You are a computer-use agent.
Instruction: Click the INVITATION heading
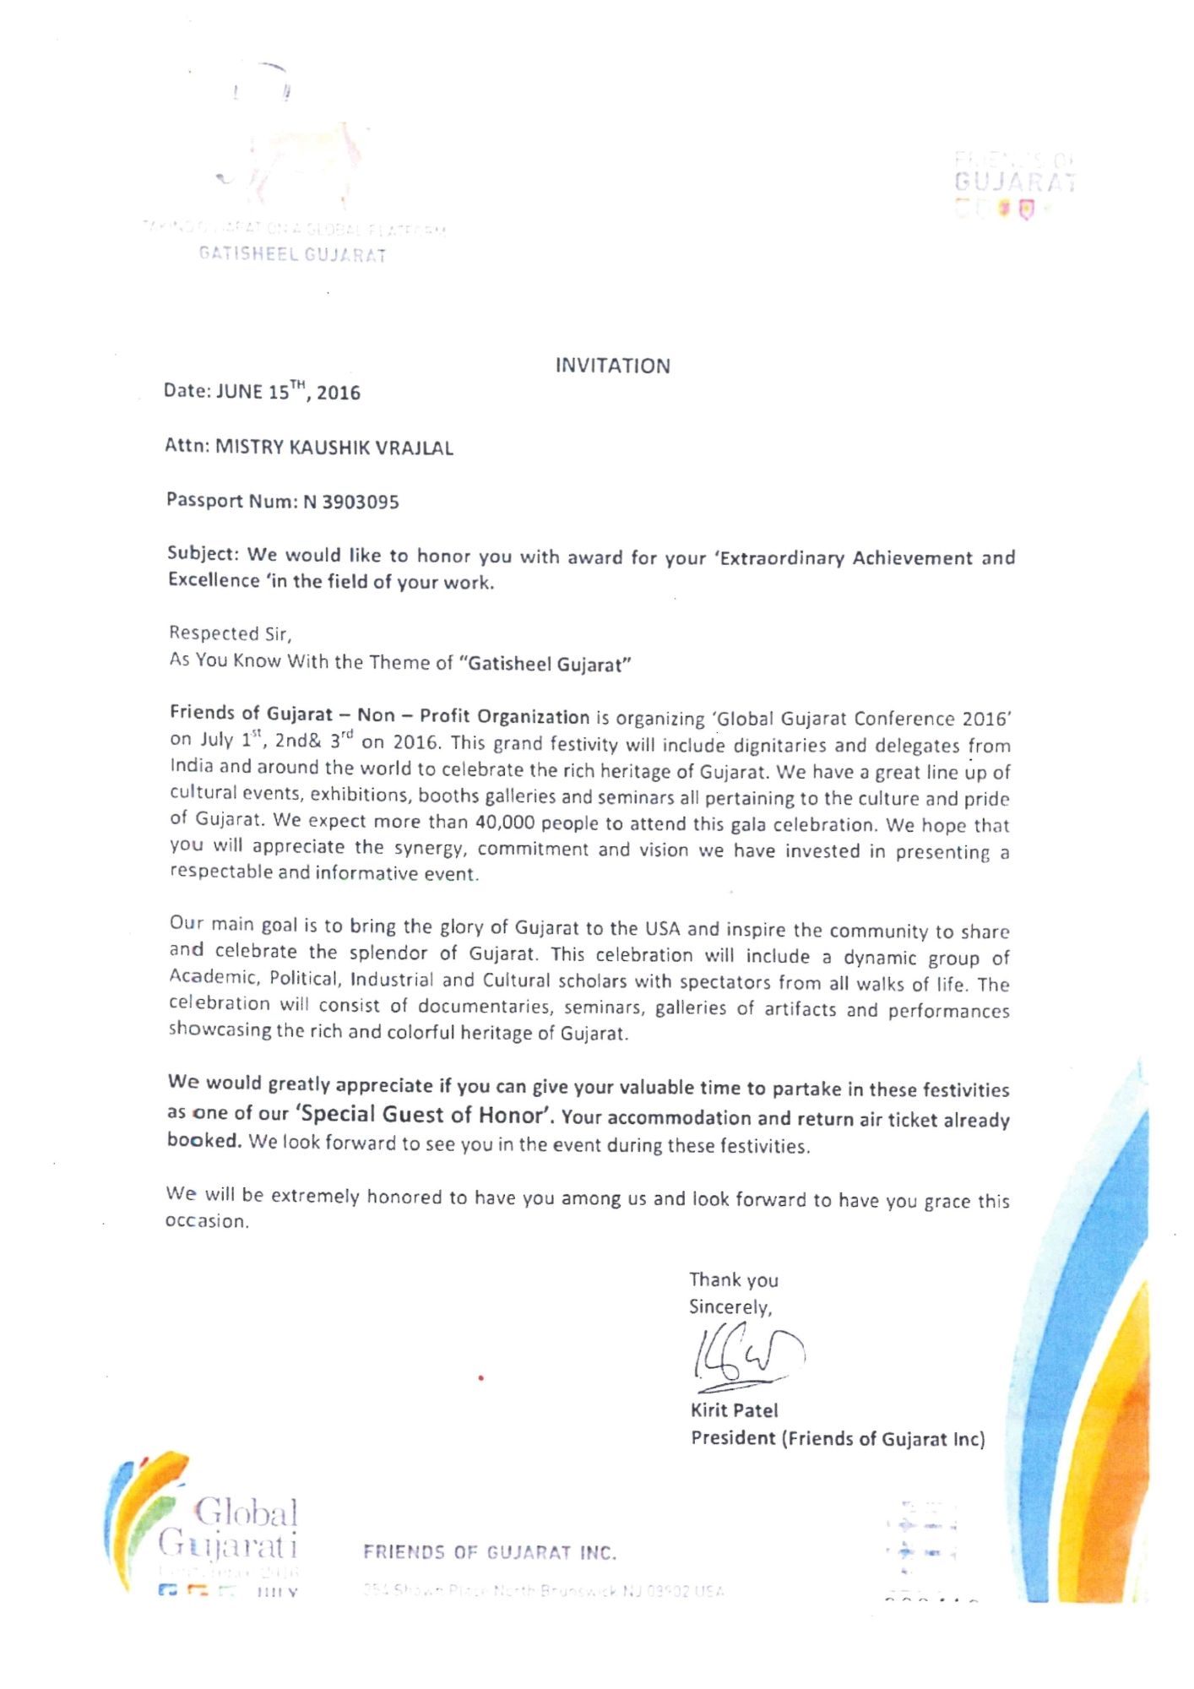pyautogui.click(x=612, y=366)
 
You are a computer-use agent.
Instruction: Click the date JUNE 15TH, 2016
pyautogui.click(x=288, y=392)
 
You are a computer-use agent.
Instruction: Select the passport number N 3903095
pyautogui.click(x=350, y=502)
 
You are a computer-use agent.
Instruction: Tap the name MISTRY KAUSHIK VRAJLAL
pyautogui.click(x=334, y=447)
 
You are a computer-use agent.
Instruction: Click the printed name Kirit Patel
pyautogui.click(x=734, y=1409)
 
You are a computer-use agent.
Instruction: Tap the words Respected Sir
pyautogui.click(x=230, y=633)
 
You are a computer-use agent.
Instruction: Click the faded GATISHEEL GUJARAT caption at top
pyautogui.click(x=292, y=255)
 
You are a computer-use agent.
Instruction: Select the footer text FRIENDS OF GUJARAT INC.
pyautogui.click(x=490, y=1552)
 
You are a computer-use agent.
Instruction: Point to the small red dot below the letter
pyautogui.click(x=480, y=1378)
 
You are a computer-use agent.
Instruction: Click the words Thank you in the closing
pyautogui.click(x=733, y=1280)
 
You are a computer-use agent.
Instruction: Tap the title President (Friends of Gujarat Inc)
pyautogui.click(x=838, y=1438)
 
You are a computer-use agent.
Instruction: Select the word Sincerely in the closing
pyautogui.click(x=730, y=1307)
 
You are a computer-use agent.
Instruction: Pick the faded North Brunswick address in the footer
pyautogui.click(x=543, y=1591)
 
